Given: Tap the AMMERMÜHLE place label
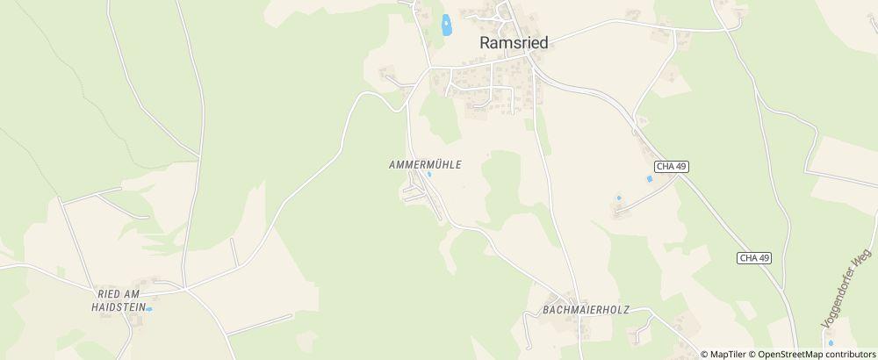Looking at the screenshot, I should tap(425, 164).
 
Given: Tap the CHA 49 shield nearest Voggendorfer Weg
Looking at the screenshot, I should tap(754, 257).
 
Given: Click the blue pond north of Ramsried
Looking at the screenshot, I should tap(446, 25).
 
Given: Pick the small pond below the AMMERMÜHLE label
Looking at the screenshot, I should tap(428, 174).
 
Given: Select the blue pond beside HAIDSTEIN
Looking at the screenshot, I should tap(150, 309).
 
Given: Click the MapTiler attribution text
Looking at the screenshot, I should tap(728, 354).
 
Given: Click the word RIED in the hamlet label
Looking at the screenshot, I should tap(108, 294).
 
